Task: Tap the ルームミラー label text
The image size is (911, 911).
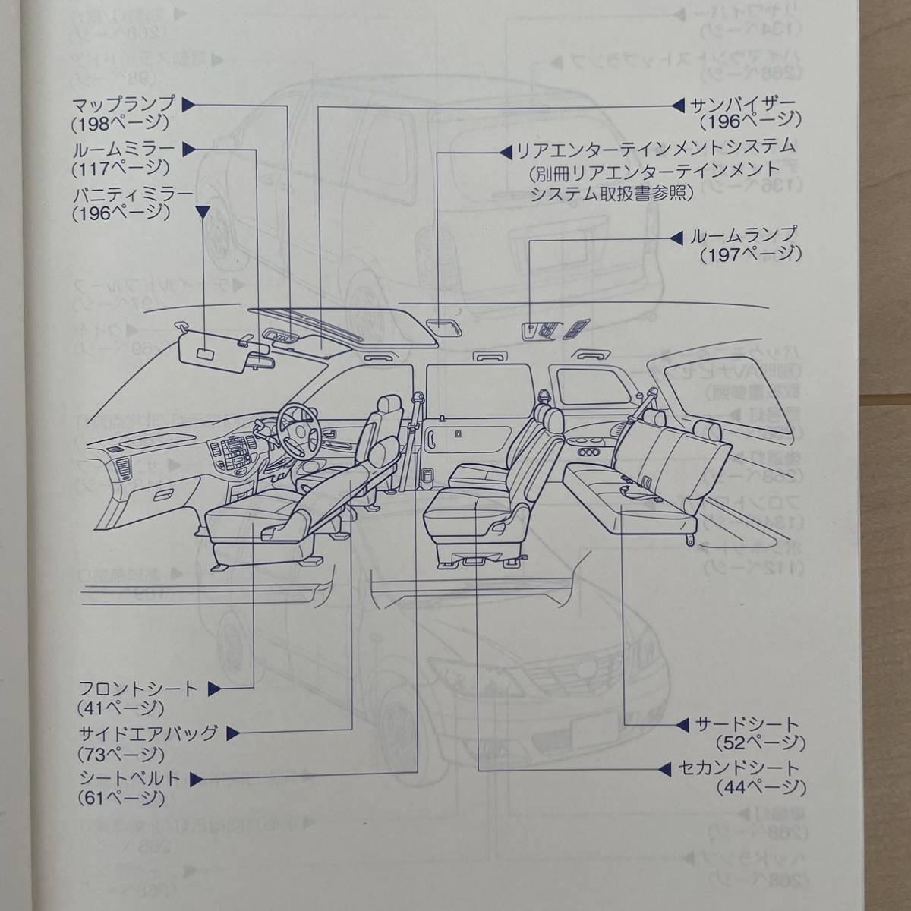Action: coord(123,149)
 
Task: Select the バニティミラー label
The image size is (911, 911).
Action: coord(132,194)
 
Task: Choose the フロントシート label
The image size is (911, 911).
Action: coord(138,689)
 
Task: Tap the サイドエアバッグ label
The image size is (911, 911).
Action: coord(148,734)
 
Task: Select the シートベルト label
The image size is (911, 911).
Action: coord(130,779)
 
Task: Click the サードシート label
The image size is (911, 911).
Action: coord(747,724)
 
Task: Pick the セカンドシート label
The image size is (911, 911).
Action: coord(739,769)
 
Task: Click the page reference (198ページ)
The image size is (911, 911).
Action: coord(120,124)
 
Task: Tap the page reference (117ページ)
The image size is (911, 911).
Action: coord(120,168)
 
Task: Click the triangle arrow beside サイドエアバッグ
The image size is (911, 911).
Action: coord(232,734)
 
